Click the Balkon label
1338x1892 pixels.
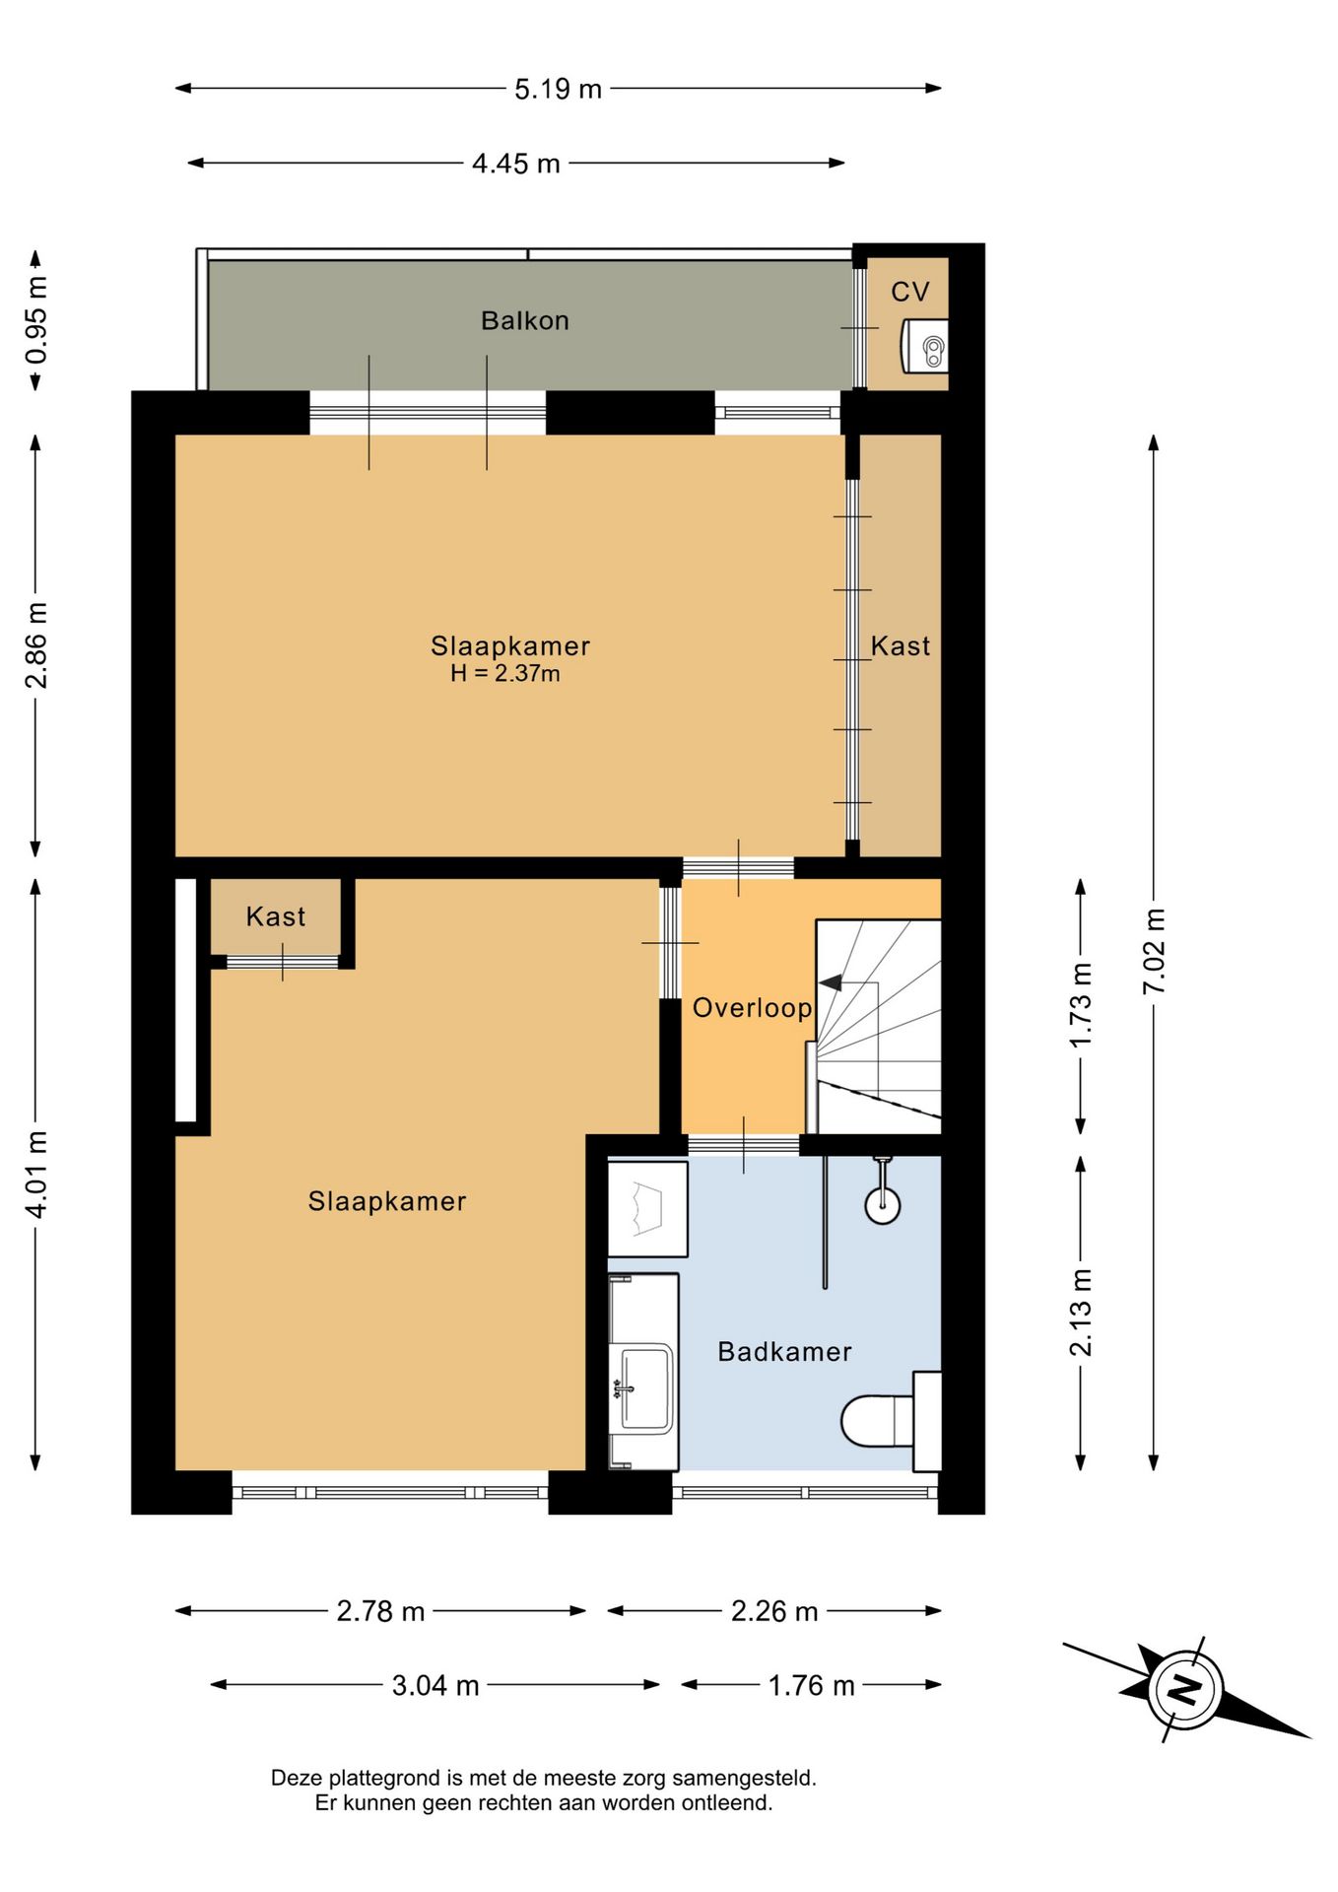(524, 320)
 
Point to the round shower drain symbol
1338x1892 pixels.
(882, 1204)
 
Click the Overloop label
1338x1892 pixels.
(752, 1007)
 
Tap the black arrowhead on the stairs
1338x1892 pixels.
(830, 982)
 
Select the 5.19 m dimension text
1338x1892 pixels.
(558, 89)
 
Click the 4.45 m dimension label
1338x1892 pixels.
(515, 163)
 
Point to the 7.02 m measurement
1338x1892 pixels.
(1154, 951)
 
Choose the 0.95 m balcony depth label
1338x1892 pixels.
(35, 320)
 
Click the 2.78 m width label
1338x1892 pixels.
(380, 1611)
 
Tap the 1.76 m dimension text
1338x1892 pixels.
(811, 1685)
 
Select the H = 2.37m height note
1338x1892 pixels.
(505, 674)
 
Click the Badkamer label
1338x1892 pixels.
(784, 1351)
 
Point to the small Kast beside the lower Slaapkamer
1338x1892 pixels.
(276, 916)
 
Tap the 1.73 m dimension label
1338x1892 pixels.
(1081, 1005)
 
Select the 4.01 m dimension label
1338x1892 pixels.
(35, 1175)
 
